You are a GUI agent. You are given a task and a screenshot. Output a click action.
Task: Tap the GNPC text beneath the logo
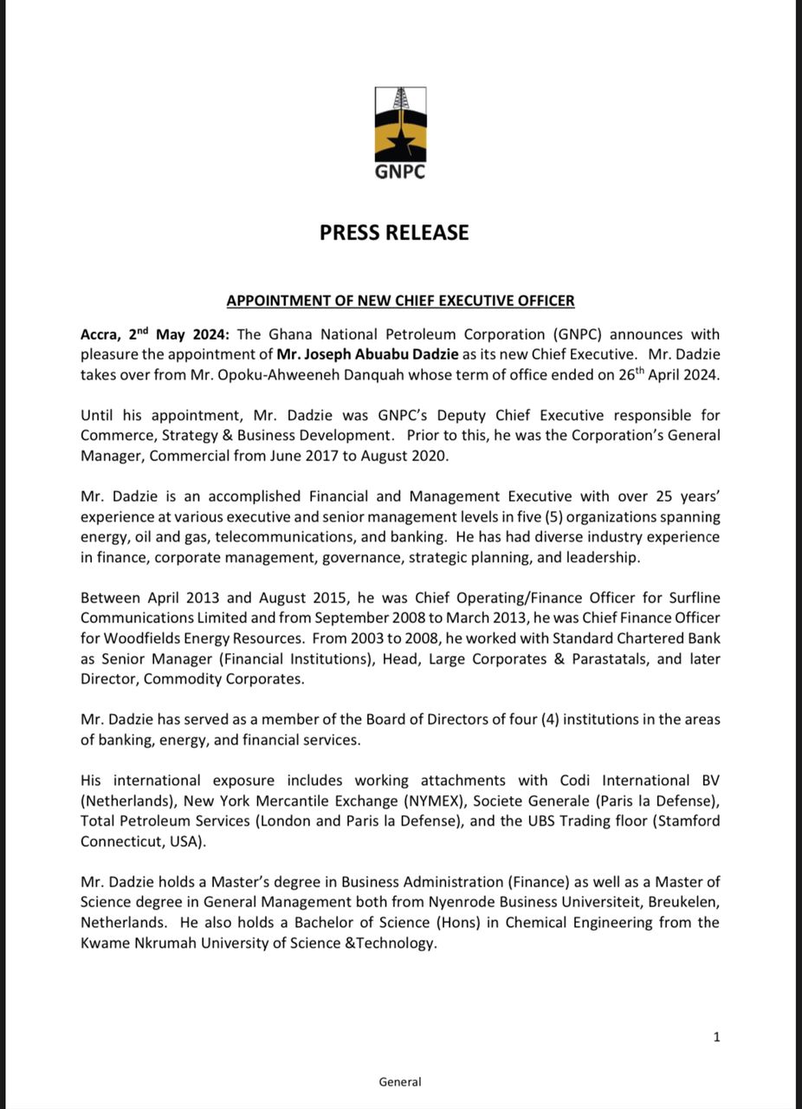pyautogui.click(x=400, y=172)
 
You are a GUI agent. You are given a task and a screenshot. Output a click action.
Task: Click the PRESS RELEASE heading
pyautogui.click(x=394, y=232)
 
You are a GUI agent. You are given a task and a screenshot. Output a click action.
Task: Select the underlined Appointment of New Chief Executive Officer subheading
pyautogui.click(x=400, y=301)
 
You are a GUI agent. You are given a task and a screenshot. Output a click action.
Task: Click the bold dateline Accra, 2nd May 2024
pyautogui.click(x=155, y=334)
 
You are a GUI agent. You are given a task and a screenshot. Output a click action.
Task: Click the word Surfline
pyautogui.click(x=689, y=599)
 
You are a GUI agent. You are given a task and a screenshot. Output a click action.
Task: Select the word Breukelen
pyautogui.click(x=680, y=902)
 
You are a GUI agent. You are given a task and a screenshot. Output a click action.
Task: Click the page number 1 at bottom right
pyautogui.click(x=716, y=1036)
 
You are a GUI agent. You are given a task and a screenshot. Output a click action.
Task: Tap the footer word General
pyautogui.click(x=400, y=1081)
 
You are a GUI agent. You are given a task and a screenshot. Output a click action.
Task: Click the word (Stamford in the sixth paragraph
pyautogui.click(x=687, y=820)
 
